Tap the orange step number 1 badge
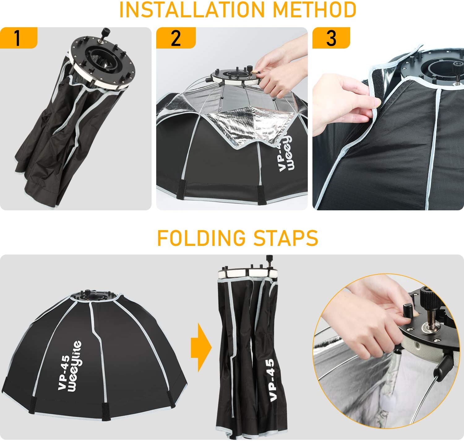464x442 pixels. (x=19, y=38)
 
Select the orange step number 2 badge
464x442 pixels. (x=176, y=38)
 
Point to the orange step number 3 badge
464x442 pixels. (x=331, y=38)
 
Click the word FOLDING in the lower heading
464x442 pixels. (x=201, y=238)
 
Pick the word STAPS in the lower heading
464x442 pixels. (x=286, y=238)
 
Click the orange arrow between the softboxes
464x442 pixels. (x=201, y=348)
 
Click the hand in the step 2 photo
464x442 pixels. (x=281, y=68)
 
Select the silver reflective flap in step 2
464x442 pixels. (x=250, y=129)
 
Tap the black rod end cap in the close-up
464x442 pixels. (x=441, y=364)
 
